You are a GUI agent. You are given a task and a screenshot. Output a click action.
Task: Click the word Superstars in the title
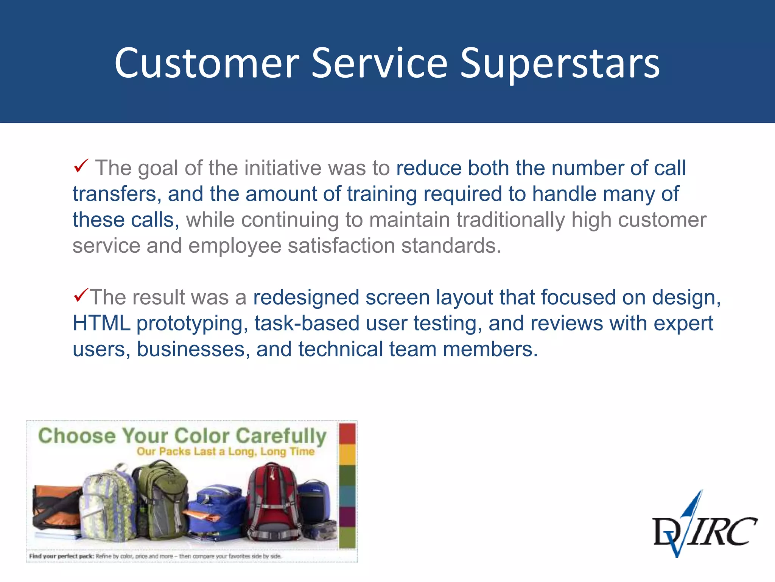(x=560, y=64)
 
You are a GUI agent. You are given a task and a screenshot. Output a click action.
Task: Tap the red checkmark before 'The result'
(x=81, y=294)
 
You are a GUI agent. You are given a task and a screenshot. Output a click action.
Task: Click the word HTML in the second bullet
(x=101, y=323)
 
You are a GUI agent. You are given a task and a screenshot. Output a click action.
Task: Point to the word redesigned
(x=306, y=297)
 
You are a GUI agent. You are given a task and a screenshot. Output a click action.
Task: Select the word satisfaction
(x=341, y=246)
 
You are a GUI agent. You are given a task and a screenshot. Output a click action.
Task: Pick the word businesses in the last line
(x=191, y=349)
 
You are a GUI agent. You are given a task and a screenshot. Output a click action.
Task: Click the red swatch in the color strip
(x=347, y=434)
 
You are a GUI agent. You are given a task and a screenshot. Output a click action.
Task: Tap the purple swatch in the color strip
(x=347, y=516)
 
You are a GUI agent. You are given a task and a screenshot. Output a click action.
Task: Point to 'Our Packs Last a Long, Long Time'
(x=226, y=452)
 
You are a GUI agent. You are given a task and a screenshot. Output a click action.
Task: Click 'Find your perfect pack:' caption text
(x=61, y=556)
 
